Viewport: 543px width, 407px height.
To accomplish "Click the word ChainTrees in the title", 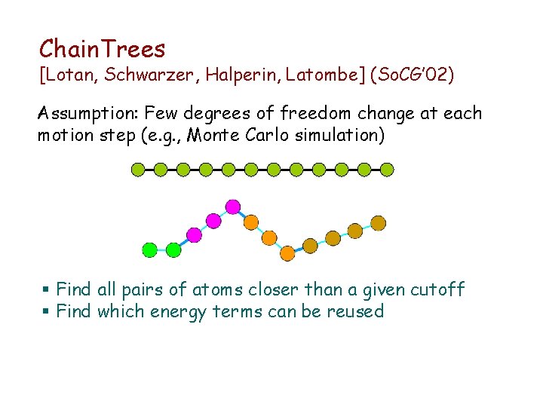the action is pyautogui.click(x=102, y=49).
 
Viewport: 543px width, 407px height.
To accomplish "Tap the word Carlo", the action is pyautogui.click(x=259, y=136).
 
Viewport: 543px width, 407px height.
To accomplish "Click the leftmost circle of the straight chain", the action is pyautogui.click(x=138, y=170).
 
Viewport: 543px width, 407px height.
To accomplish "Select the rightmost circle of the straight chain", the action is pyautogui.click(x=387, y=170).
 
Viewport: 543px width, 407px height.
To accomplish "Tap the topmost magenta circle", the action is pyautogui.click(x=233, y=206).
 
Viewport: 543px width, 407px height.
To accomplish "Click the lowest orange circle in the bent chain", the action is pyautogui.click(x=287, y=253).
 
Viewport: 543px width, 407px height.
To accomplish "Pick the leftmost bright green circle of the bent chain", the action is pyautogui.click(x=150, y=249).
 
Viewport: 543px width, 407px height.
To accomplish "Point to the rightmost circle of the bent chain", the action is pyautogui.click(x=379, y=223).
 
